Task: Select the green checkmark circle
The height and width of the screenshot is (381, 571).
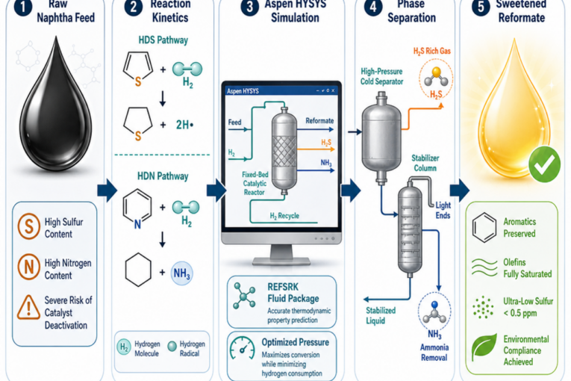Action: [544, 164]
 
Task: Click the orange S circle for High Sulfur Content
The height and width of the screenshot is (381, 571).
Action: [29, 226]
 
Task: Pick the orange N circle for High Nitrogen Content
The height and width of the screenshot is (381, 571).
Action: [29, 267]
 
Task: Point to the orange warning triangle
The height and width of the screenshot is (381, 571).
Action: [28, 307]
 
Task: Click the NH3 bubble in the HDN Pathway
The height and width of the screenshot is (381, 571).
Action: [181, 273]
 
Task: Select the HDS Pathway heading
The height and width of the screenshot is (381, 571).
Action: [163, 40]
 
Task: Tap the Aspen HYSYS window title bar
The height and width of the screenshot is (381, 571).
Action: [281, 90]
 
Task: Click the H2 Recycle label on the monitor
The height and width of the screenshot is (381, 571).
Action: [284, 216]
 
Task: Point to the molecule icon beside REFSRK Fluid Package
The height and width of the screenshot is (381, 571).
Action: [244, 296]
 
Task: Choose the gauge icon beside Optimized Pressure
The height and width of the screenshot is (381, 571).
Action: [242, 348]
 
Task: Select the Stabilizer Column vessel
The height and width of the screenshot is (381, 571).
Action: [410, 228]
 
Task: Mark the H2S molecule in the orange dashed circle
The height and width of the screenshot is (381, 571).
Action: [436, 77]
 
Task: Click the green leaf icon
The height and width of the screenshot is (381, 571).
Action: [484, 347]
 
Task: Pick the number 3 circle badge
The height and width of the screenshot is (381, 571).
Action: [249, 7]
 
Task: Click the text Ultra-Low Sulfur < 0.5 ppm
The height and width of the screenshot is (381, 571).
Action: [528, 307]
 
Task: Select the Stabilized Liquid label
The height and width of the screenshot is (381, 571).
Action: [381, 316]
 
